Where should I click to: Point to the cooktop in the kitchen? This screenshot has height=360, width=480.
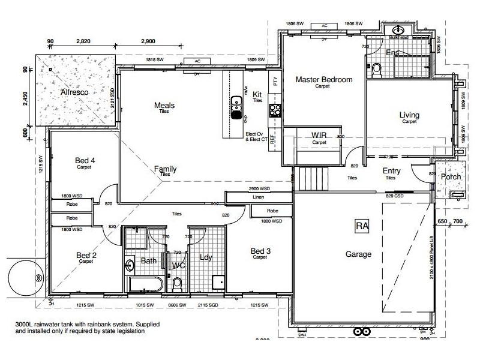click(275, 110)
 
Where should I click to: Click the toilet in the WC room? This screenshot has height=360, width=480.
click(177, 281)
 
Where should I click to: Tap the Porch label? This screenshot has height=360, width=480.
click(451, 176)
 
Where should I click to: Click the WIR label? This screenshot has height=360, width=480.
click(319, 136)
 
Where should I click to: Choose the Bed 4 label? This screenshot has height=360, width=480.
click(85, 160)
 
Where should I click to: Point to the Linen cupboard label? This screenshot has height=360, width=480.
click(259, 197)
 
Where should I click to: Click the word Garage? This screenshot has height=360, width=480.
click(358, 254)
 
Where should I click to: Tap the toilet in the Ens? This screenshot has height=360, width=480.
click(376, 69)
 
